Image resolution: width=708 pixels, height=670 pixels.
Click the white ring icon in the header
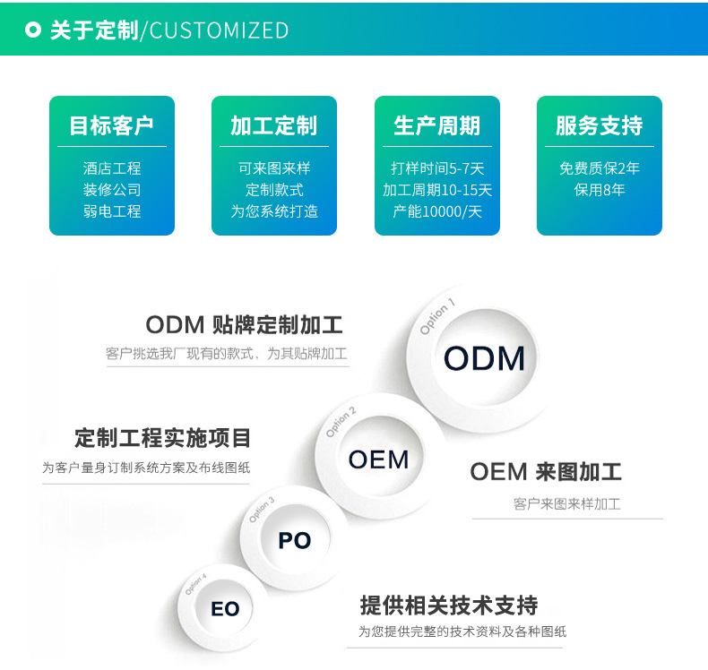coord(33,30)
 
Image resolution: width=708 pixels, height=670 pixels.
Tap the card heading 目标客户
coord(112,126)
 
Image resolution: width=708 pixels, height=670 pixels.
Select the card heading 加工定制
coord(273,126)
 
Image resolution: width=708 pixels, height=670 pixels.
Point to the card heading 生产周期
coord(436,126)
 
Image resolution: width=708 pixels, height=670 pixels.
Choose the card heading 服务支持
coord(599,126)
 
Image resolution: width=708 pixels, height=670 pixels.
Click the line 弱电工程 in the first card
coord(112,211)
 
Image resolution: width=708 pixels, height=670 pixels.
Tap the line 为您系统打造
coord(273,211)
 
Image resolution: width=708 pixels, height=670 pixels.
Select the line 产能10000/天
coord(436,211)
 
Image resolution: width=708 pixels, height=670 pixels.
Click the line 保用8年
coord(599,190)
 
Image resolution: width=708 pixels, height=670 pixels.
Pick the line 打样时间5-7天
coord(436,168)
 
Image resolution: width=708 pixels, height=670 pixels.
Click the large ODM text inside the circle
coord(484,359)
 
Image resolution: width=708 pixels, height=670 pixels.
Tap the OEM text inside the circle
coord(378,460)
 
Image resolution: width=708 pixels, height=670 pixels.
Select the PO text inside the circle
coord(294,541)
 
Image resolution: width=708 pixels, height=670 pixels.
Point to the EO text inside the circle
coord(225,609)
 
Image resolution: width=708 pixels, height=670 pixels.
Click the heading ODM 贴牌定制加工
coord(244,324)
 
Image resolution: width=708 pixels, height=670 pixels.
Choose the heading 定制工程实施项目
coord(163,439)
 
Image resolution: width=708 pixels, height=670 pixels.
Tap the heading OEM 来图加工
coord(545,472)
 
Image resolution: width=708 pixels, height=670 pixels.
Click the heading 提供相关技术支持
coord(448,606)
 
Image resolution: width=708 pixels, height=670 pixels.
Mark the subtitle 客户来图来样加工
coord(566,504)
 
